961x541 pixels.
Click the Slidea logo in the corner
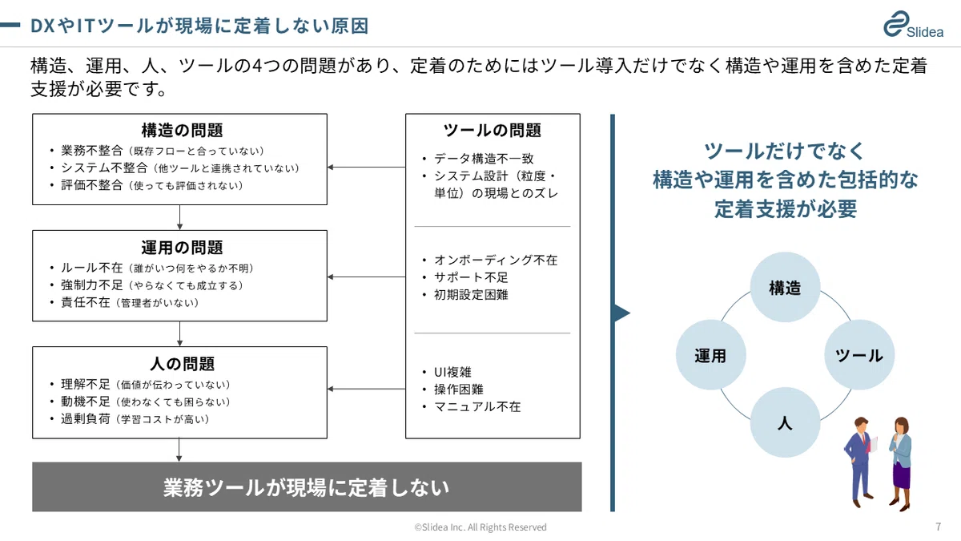coord(913,25)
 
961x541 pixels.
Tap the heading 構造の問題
coord(182,130)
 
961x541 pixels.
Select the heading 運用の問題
coord(182,248)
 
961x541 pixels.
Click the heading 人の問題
coord(182,364)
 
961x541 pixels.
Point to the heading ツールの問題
coord(492,130)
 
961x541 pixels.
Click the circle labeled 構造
coord(785,287)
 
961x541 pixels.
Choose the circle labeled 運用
coord(711,355)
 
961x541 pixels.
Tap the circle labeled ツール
coord(859,355)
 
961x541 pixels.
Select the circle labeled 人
coord(785,422)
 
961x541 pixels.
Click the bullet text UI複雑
coord(452,372)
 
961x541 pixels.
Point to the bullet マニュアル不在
coord(477,406)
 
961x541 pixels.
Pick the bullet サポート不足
coord(471,277)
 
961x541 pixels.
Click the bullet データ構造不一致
coord(484,159)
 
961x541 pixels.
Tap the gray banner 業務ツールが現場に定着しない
coord(307,487)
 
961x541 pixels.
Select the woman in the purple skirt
coord(901,464)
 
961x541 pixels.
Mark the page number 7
coord(939,527)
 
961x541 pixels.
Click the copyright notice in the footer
coord(480,527)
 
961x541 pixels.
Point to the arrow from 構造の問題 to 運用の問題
coord(179,217)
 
